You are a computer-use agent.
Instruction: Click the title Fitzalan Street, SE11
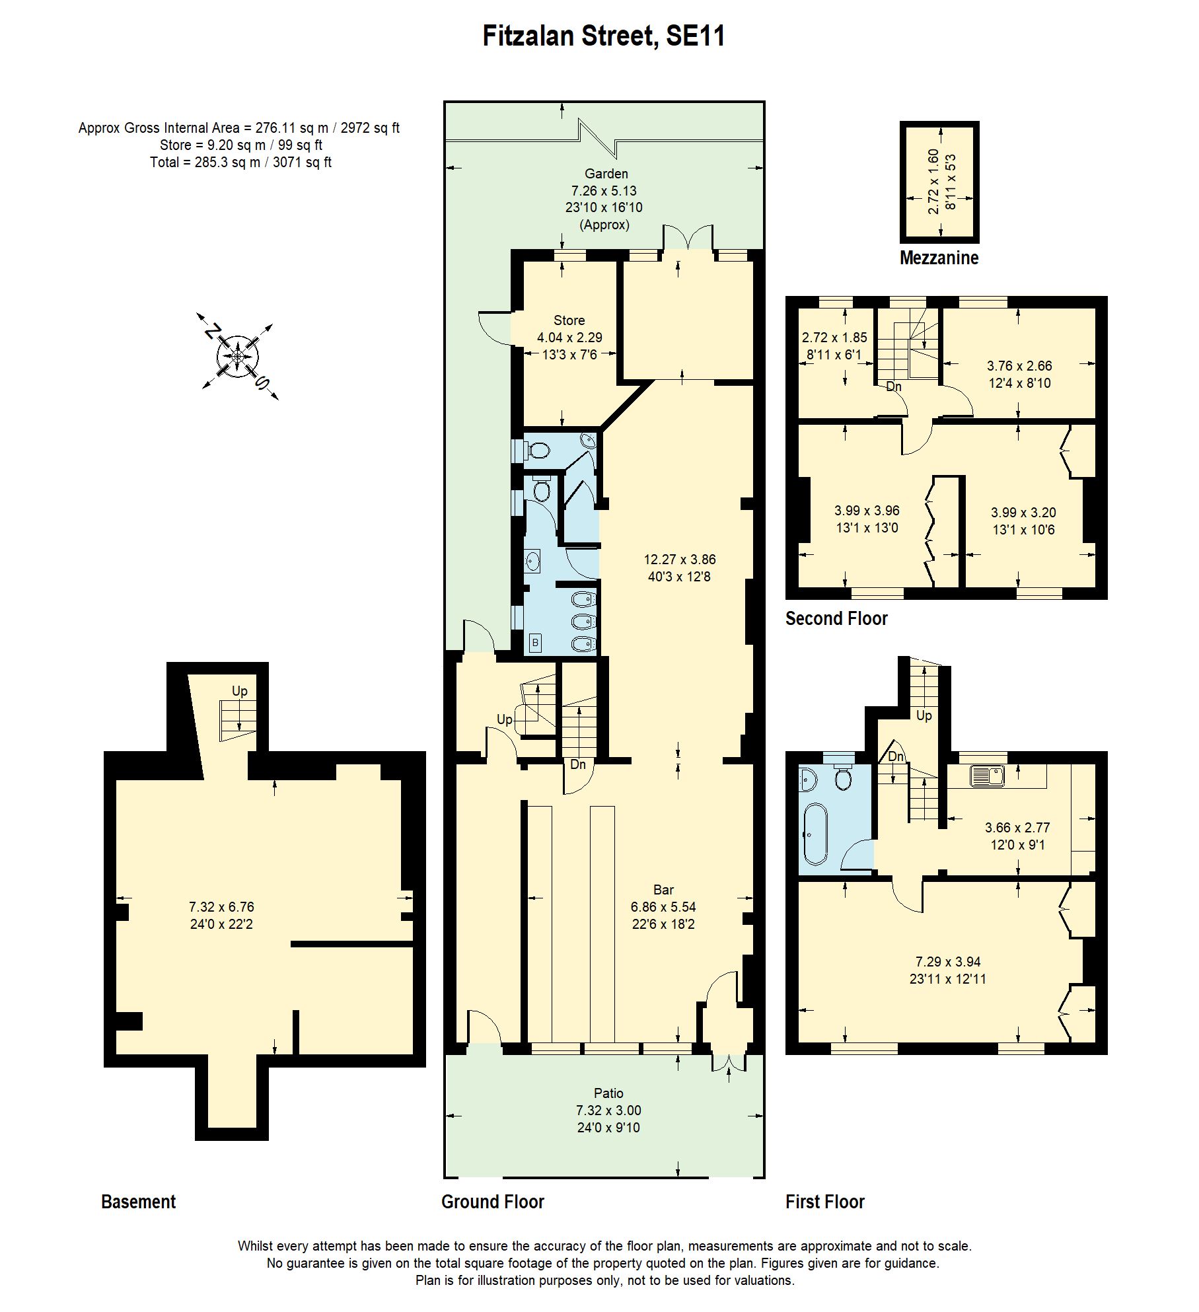[604, 36]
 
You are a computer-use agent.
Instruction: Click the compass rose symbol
[238, 357]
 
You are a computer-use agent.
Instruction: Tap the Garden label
[606, 174]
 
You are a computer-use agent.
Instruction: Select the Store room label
[569, 320]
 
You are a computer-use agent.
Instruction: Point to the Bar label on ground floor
[663, 890]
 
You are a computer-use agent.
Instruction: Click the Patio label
[608, 1093]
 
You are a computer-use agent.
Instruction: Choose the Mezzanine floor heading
[939, 258]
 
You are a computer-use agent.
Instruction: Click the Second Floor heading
[836, 618]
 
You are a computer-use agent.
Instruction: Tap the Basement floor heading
[138, 1202]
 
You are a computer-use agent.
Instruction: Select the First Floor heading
[824, 1202]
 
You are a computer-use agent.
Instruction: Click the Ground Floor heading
[492, 1202]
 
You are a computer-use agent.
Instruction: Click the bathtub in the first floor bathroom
[813, 834]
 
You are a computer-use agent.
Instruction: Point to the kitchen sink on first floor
[987, 776]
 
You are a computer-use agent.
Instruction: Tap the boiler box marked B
[535, 643]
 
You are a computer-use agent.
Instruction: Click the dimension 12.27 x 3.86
[680, 559]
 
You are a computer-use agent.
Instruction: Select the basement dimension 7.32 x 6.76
[221, 907]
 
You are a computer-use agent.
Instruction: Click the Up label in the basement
[239, 691]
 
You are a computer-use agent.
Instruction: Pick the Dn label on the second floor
[893, 386]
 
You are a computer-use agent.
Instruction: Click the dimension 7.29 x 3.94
[947, 962]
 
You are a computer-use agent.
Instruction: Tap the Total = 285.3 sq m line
[240, 163]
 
